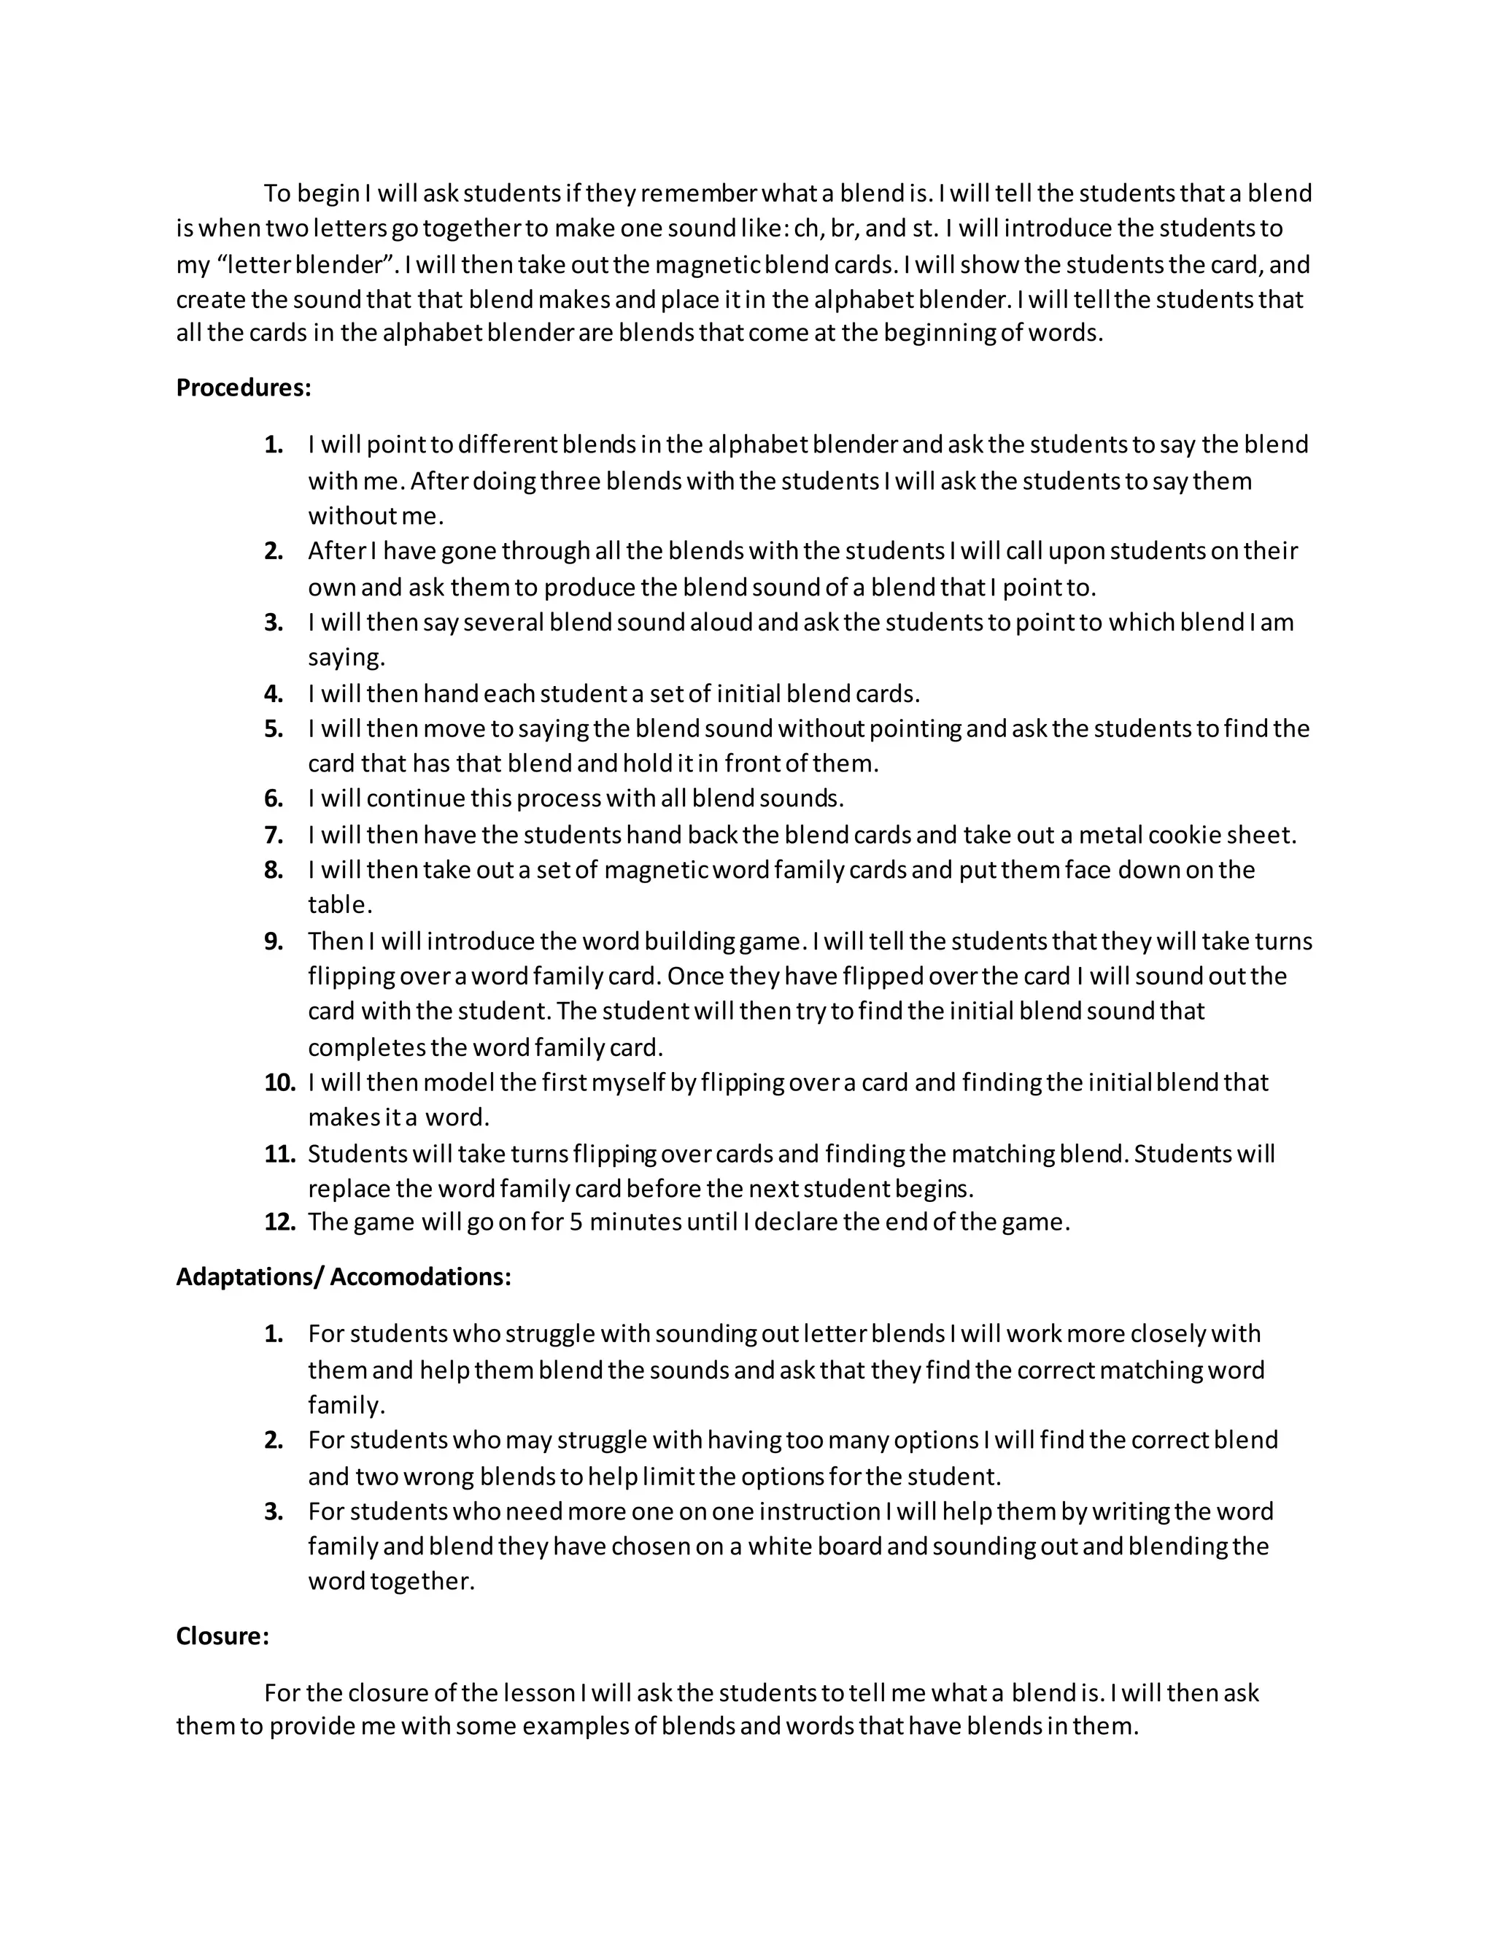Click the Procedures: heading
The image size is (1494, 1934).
pos(244,388)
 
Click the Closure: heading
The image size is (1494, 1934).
pos(222,1636)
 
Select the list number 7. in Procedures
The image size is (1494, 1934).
pos(274,834)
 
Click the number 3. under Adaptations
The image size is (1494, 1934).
pos(274,1511)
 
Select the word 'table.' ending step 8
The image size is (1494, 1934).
pos(340,904)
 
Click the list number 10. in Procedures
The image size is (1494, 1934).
pos(279,1082)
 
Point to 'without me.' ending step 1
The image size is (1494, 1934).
pos(375,515)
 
